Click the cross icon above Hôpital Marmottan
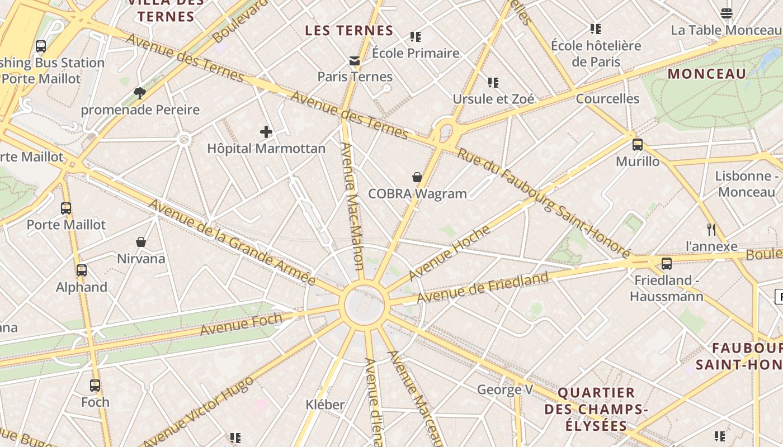coord(266,132)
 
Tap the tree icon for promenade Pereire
coord(140,93)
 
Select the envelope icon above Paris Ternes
coord(355,60)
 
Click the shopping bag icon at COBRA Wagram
coord(417,177)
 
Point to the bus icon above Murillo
coord(638,145)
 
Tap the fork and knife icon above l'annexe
coord(711,229)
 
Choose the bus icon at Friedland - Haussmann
coord(666,264)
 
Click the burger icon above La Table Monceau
coord(727,13)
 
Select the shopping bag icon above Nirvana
coord(141,242)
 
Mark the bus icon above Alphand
coord(82,270)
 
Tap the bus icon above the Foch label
coord(95,385)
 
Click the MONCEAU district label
coord(707,74)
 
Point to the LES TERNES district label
coord(349,31)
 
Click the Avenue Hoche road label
coord(449,253)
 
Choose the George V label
coord(504,389)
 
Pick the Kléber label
coord(325,404)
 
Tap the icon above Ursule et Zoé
coord(493,83)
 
